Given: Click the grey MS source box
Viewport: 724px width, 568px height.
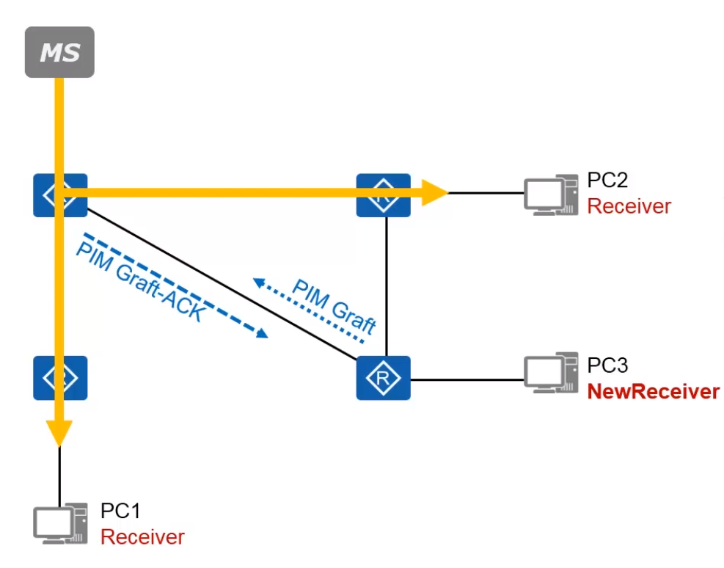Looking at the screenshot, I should [x=59, y=52].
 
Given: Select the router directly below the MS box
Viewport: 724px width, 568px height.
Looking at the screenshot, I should [x=60, y=195].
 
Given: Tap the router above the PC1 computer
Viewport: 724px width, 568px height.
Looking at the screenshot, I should [x=60, y=378].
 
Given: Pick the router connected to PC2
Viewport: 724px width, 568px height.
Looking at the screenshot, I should [x=383, y=195].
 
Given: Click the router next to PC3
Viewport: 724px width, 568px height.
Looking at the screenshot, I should [x=383, y=378].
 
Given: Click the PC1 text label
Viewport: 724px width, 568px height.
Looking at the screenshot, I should [x=120, y=511].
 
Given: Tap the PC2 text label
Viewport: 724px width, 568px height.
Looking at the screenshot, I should [x=607, y=181].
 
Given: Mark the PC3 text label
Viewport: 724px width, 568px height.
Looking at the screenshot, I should [x=607, y=365].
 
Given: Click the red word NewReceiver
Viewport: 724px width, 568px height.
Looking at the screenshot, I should [x=653, y=392].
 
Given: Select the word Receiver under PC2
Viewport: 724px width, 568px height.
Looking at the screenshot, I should [x=629, y=206].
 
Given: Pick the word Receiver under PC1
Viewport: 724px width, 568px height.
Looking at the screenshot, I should [x=142, y=537].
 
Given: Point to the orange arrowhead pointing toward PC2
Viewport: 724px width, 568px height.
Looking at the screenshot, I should [x=437, y=193].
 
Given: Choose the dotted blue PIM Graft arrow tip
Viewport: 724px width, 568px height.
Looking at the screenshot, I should [x=257, y=281].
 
